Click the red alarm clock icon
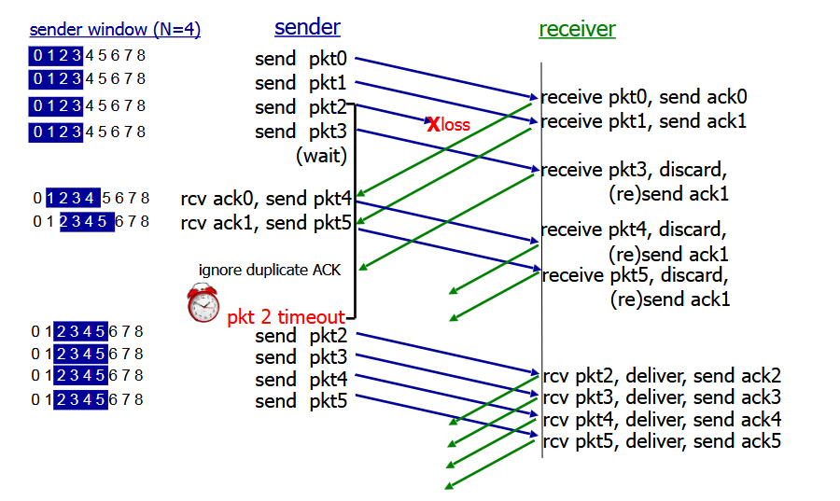click(x=202, y=303)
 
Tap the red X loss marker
click(x=433, y=123)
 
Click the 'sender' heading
click(x=307, y=27)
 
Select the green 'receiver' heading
click(x=577, y=29)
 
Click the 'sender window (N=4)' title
click(x=115, y=30)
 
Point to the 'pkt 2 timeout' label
click(x=285, y=317)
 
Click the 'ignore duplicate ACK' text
click(x=270, y=271)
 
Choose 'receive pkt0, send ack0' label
click(x=644, y=97)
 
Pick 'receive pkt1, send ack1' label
click(x=644, y=121)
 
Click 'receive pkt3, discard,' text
click(x=634, y=170)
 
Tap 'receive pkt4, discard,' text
click(x=634, y=230)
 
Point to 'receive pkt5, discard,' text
click(x=634, y=275)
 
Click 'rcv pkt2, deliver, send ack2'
click(x=662, y=377)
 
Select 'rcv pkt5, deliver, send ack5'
click(x=662, y=441)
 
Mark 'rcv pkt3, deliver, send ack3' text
click(x=662, y=398)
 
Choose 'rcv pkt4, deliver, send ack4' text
click(x=662, y=420)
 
